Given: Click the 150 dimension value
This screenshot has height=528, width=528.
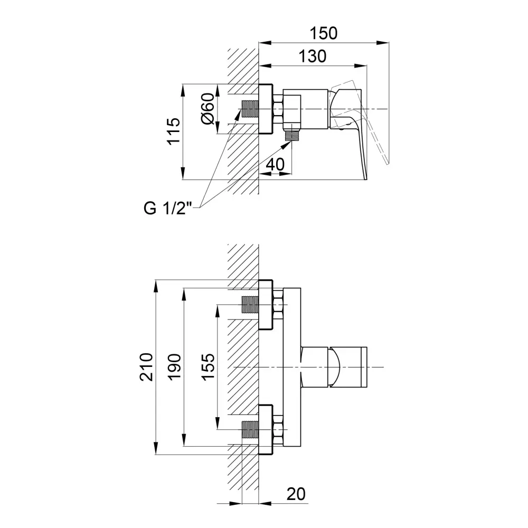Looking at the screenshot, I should (x=323, y=33).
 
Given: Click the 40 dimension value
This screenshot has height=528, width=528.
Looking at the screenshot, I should (x=275, y=164).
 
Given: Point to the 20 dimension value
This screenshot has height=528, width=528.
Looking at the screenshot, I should (x=297, y=494).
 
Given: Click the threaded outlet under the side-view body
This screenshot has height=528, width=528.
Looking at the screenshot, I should (x=291, y=136).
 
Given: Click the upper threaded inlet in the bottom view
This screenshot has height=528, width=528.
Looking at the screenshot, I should (x=249, y=305).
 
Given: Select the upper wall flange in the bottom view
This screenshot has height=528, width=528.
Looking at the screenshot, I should (x=265, y=305).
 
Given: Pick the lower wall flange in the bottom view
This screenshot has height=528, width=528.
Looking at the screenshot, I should (x=265, y=428).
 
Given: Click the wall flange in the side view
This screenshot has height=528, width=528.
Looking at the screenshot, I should (x=266, y=109).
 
